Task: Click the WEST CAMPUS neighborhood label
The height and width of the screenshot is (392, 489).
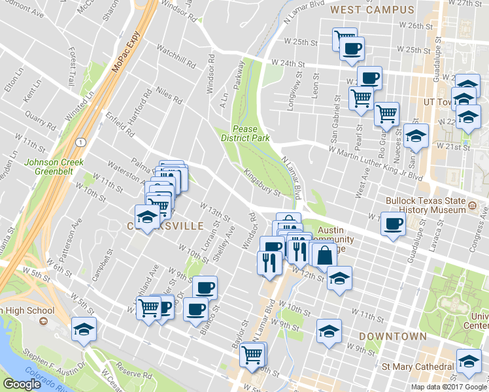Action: (372, 10)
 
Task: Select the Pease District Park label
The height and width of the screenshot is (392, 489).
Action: (250, 133)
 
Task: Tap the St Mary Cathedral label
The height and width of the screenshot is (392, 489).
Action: (418, 366)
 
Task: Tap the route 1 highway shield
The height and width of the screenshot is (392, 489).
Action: (78, 142)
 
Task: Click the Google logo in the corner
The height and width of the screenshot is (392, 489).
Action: (22, 384)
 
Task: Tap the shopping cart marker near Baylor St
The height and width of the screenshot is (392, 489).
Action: (252, 355)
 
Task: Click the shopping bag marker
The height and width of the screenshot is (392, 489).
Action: (324, 255)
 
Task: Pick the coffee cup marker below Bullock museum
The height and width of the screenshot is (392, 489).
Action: (393, 224)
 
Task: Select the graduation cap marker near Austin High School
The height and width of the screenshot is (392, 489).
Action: (84, 330)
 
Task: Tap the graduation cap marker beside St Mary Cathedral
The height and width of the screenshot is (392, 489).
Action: (469, 362)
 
